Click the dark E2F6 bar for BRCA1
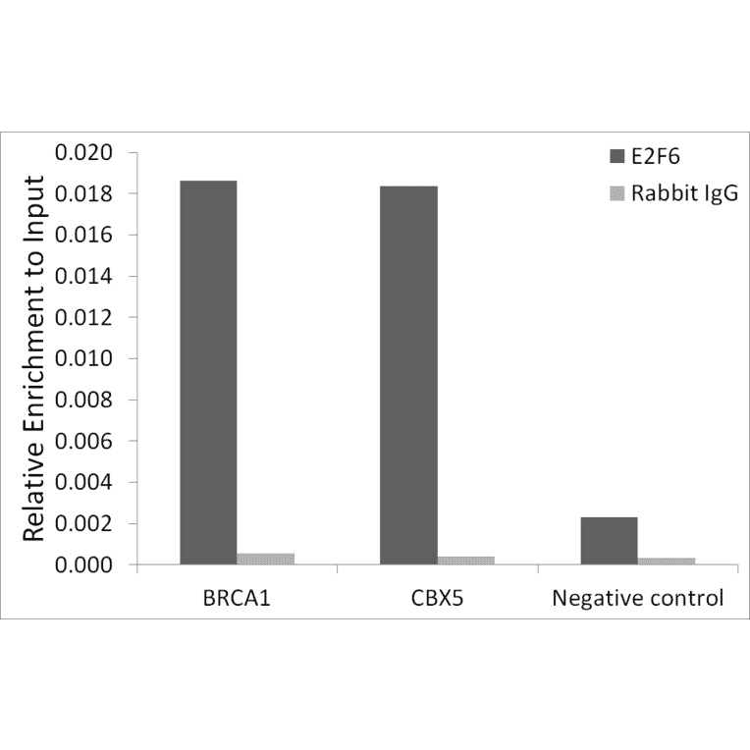(208, 373)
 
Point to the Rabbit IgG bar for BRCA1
(265, 559)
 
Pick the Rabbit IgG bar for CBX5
(466, 561)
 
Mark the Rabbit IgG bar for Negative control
(667, 561)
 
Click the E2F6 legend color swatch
(616, 156)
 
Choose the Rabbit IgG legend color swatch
(616, 193)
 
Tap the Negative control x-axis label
(637, 598)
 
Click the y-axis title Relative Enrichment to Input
(35, 359)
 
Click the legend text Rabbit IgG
(683, 193)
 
